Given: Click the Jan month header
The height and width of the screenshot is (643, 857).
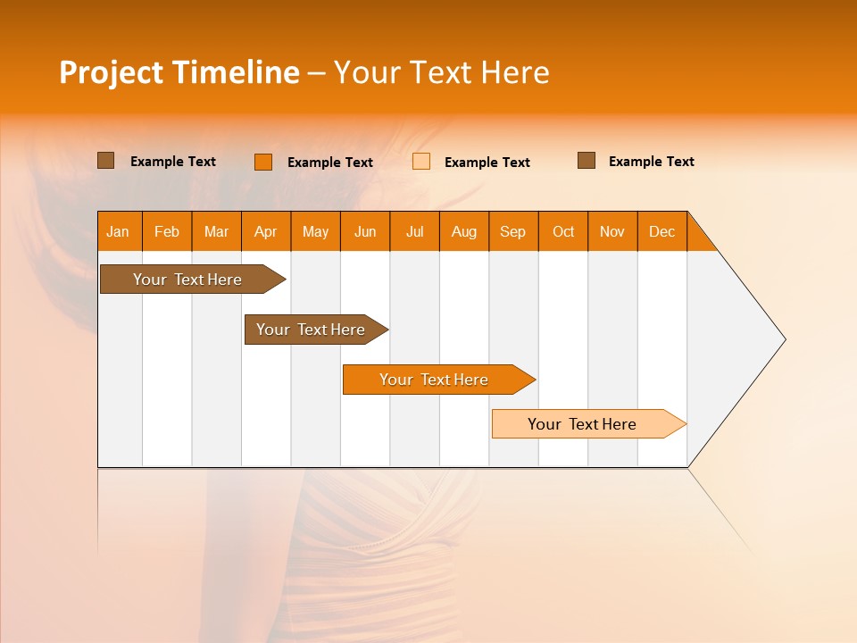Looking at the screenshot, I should coord(119,231).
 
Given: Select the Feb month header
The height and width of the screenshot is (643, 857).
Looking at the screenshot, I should coord(167,231).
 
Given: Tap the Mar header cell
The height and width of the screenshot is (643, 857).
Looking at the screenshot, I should coord(216,231).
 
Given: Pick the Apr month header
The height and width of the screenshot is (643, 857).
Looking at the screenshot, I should coord(266,231).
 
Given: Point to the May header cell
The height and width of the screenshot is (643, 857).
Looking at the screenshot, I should coord(315,231).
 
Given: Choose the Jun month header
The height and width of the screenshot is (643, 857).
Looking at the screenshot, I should coord(365,231).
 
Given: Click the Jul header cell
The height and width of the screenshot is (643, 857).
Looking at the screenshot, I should coord(414,231).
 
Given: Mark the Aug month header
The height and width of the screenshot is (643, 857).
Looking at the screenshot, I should coord(464,231).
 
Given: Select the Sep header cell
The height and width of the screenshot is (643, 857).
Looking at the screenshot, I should coord(513,231).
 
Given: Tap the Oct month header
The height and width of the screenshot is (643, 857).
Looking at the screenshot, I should coord(563,231).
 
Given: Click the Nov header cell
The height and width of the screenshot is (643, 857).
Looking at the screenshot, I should coord(612,231).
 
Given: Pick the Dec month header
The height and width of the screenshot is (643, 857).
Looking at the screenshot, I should coord(662,231).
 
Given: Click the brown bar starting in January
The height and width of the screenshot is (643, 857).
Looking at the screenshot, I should coord(188,280).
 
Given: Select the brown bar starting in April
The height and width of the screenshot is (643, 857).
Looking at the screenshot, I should coord(312,330).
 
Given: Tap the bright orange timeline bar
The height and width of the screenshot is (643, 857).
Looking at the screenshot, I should coord(434,380).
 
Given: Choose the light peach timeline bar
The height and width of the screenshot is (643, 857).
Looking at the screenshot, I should coord(583,424).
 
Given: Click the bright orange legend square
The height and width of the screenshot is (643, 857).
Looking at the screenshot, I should coord(263,162).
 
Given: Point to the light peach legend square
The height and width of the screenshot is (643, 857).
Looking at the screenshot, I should coord(421,162).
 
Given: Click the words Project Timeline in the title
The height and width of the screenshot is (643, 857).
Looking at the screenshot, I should coord(179,72).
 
